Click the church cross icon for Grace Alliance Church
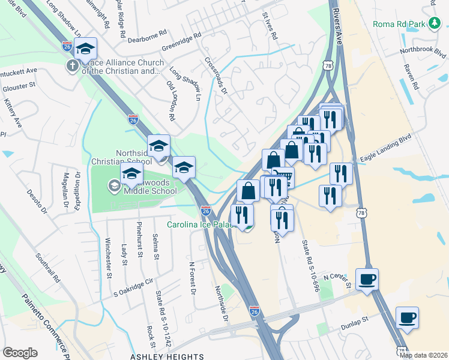coord(72,65)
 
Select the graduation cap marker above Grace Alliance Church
coord(86,48)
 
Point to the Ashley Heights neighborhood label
coord(167,356)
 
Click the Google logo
coord(19,353)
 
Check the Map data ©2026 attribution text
coord(424,355)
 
